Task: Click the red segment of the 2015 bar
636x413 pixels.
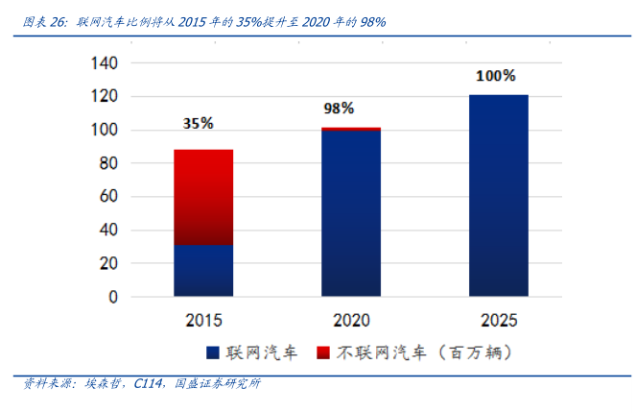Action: pyautogui.click(x=203, y=192)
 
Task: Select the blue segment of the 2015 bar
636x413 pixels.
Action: pyautogui.click(x=203, y=271)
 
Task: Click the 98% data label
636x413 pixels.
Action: pyautogui.click(x=338, y=109)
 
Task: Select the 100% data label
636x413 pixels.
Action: pyautogui.click(x=495, y=75)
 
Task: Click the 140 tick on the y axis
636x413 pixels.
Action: pyautogui.click(x=103, y=63)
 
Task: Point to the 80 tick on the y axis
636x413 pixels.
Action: pyautogui.click(x=107, y=163)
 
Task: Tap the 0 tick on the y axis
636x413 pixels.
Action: pyautogui.click(x=112, y=297)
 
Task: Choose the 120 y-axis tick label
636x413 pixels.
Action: pyautogui.click(x=103, y=97)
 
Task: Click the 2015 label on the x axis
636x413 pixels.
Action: pyautogui.click(x=203, y=319)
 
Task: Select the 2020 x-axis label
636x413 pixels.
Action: pyautogui.click(x=351, y=319)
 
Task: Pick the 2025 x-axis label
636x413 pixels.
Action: pyautogui.click(x=498, y=319)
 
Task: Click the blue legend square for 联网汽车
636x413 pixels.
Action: pyautogui.click(x=212, y=352)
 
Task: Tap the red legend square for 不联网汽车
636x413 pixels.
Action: pyautogui.click(x=323, y=352)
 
